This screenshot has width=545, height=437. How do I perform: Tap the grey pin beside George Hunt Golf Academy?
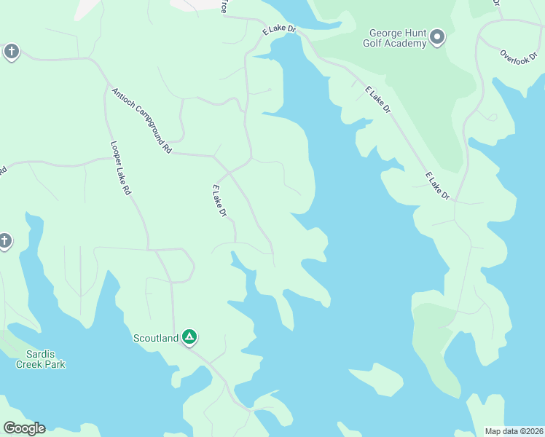coord(437,36)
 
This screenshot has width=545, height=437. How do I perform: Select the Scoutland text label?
coord(155,337)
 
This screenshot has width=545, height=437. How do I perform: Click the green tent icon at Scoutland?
coord(189,336)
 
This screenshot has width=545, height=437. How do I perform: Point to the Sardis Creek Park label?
coord(41,359)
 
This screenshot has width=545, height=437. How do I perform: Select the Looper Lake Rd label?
coord(120,168)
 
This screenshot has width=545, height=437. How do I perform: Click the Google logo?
coord(24,428)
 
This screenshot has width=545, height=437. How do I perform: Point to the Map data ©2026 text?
coord(514,431)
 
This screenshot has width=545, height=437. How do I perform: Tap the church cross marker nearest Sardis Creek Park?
coord(4,241)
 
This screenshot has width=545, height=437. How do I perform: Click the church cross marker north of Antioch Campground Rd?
coord(11,52)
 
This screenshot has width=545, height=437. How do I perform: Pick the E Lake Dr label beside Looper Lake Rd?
coord(219,201)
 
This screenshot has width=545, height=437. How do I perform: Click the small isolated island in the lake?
coord(376,379)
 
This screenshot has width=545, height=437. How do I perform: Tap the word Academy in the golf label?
coord(406,44)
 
